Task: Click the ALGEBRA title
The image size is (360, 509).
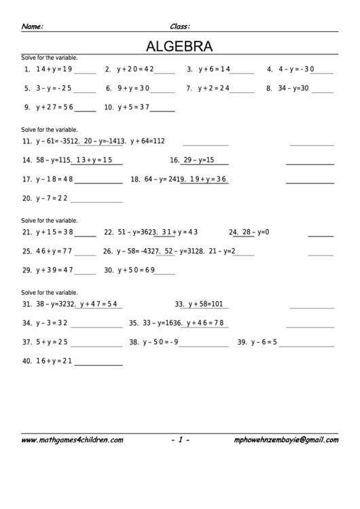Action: (x=179, y=47)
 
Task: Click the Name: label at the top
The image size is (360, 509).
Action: (x=32, y=27)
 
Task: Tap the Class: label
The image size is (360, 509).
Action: (x=179, y=27)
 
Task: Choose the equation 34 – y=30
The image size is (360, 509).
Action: (x=293, y=88)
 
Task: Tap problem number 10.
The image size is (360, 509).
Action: (x=109, y=107)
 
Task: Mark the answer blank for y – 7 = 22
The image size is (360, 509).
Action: (x=96, y=201)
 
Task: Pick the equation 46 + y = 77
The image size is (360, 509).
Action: (x=54, y=251)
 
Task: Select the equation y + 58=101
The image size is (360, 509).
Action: (x=209, y=304)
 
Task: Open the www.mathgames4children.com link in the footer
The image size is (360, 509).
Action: (x=72, y=440)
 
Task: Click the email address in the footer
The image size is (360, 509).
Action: (x=285, y=440)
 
